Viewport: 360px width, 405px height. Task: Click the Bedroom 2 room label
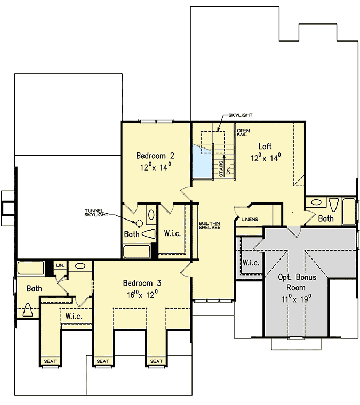155,156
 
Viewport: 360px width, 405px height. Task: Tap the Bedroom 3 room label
142,283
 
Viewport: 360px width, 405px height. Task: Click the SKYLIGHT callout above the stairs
240,115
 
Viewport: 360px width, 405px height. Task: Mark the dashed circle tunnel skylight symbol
139,224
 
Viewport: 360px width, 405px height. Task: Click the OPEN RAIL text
243,132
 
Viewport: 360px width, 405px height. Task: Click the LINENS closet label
250,220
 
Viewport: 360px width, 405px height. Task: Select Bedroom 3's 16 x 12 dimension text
141,294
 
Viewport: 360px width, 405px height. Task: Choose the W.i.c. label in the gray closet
251,263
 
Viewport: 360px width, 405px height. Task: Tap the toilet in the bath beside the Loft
334,205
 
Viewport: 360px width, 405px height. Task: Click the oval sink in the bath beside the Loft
316,203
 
